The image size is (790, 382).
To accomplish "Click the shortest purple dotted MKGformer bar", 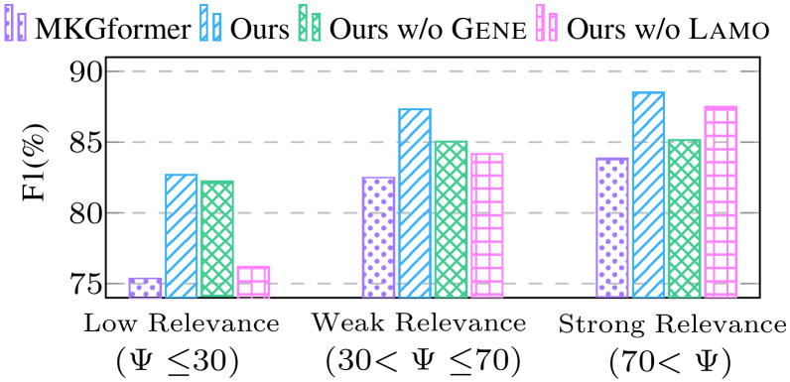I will coord(145,288).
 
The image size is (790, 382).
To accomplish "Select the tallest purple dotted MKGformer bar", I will coord(612,227).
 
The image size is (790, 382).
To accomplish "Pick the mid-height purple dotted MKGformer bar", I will coord(378,237).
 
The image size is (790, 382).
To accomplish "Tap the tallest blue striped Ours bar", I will coord(648,194).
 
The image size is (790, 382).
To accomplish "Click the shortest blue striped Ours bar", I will coord(182,235).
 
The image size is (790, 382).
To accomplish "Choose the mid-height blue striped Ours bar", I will coord(415,202).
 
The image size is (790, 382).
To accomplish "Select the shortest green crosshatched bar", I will coord(217,238).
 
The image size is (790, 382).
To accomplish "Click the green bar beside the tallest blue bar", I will coord(684,218).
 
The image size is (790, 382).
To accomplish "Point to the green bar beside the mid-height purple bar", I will coord(451,219).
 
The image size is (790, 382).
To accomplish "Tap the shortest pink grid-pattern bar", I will coord(253,282).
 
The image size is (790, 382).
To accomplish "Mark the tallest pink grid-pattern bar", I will coord(721,201).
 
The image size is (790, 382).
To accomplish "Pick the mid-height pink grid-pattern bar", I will coord(487,225).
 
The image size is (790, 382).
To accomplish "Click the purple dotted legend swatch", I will coord(15,24).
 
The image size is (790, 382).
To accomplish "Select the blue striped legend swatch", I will coord(210,24).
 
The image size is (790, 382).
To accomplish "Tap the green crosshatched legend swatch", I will coord(310,24).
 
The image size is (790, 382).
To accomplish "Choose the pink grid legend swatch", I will coord(547,24).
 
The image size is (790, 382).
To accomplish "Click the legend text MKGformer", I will coord(112,28).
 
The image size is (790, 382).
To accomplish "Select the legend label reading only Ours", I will coord(259,28).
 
